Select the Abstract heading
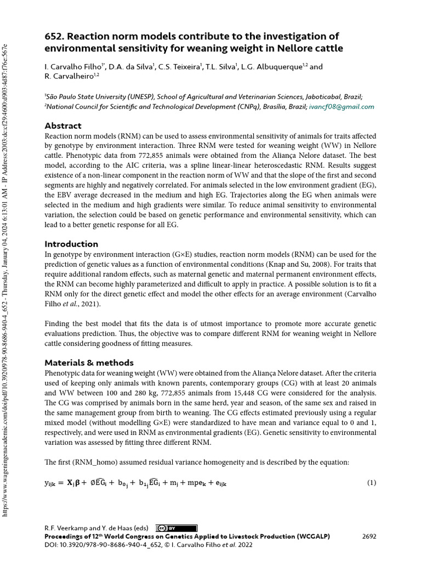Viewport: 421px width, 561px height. click(63, 125)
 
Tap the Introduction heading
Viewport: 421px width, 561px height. click(71, 244)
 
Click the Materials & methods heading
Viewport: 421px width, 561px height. click(89, 363)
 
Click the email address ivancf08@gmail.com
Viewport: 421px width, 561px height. click(342, 107)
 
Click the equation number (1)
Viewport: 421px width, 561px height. click(371, 483)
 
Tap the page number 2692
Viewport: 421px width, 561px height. click(369, 536)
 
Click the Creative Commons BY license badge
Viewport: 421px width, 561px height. click(169, 529)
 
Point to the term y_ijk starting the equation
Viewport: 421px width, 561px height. click(53, 483)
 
